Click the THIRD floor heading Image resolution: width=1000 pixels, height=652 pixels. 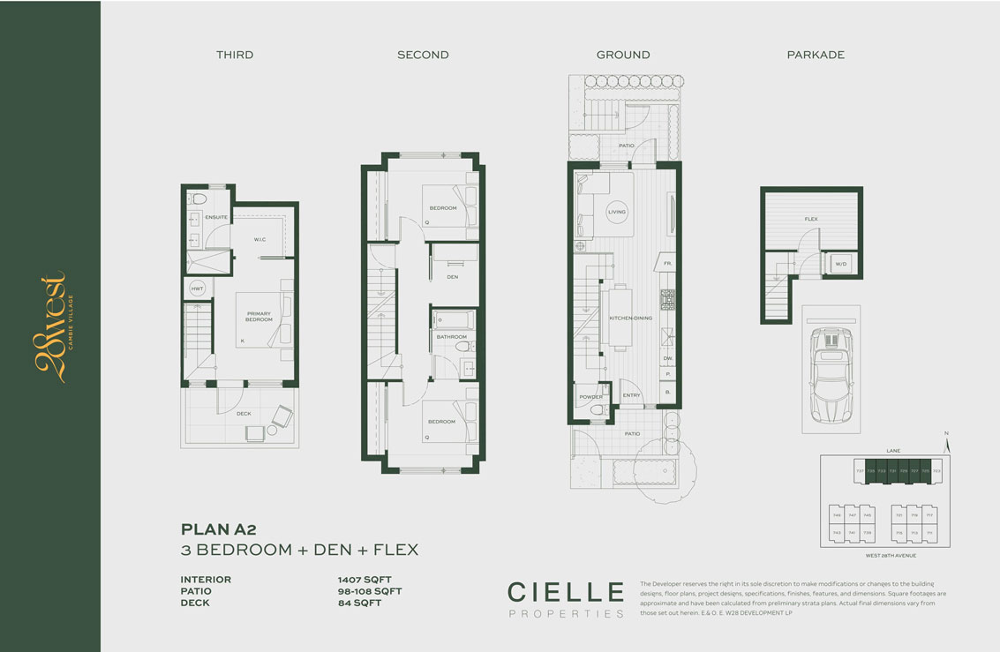pyautogui.click(x=235, y=55)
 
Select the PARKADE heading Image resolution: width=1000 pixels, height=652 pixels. pyautogui.click(x=816, y=55)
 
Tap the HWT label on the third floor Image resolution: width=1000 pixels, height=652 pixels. pyautogui.click(x=196, y=289)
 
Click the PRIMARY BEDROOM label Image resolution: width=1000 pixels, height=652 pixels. pyautogui.click(x=259, y=316)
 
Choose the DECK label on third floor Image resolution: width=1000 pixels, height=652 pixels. pyautogui.click(x=244, y=413)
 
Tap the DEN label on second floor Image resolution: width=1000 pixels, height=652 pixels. pyautogui.click(x=452, y=277)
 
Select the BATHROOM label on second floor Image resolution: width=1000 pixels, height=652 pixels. pyautogui.click(x=451, y=337)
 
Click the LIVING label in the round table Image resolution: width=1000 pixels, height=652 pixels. pyautogui.click(x=617, y=212)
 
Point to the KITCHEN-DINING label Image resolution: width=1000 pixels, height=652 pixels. pyautogui.click(x=630, y=318)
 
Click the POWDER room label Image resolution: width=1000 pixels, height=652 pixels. pyautogui.click(x=590, y=396)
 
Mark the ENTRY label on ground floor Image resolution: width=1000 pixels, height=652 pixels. pyautogui.click(x=631, y=396)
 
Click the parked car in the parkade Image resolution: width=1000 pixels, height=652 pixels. pyautogui.click(x=830, y=375)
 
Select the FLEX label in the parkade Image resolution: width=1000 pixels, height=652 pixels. pyautogui.click(x=810, y=218)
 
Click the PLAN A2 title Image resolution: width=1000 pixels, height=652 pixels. pyautogui.click(x=218, y=529)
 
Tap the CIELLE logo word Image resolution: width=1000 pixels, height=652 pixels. pyautogui.click(x=565, y=590)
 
